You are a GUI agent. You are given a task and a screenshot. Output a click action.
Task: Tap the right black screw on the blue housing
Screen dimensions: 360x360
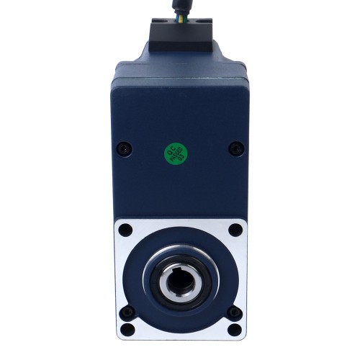click(233, 148)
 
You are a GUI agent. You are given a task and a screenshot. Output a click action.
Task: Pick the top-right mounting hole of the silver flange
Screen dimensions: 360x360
click(234, 230)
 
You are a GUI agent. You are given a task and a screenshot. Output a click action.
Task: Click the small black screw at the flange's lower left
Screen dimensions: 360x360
click(128, 312)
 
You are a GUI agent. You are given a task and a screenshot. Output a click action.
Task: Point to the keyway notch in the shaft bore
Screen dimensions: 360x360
click(180, 264)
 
